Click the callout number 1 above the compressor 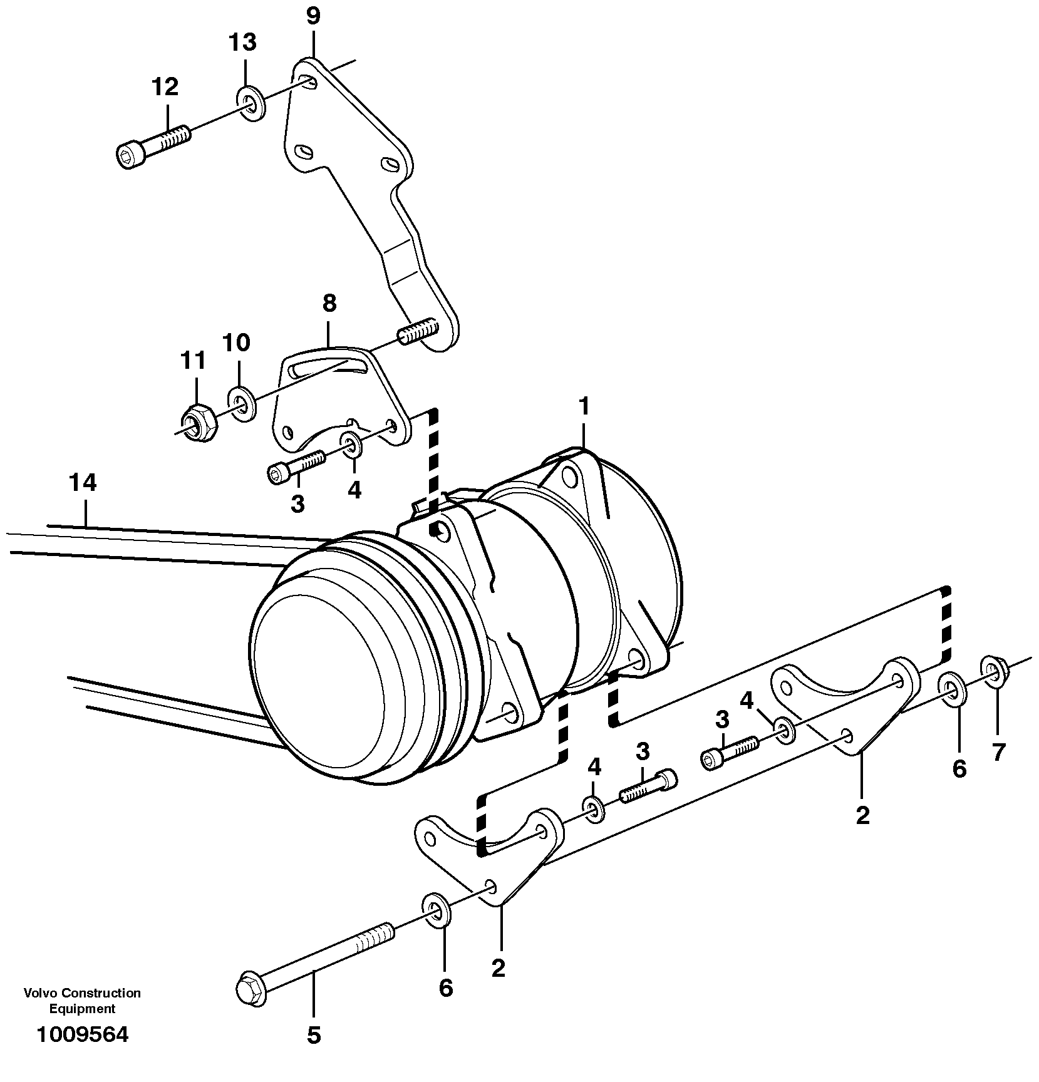(584, 407)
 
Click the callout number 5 (314, 1036)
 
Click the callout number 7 (998, 751)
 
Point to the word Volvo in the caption (39, 992)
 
